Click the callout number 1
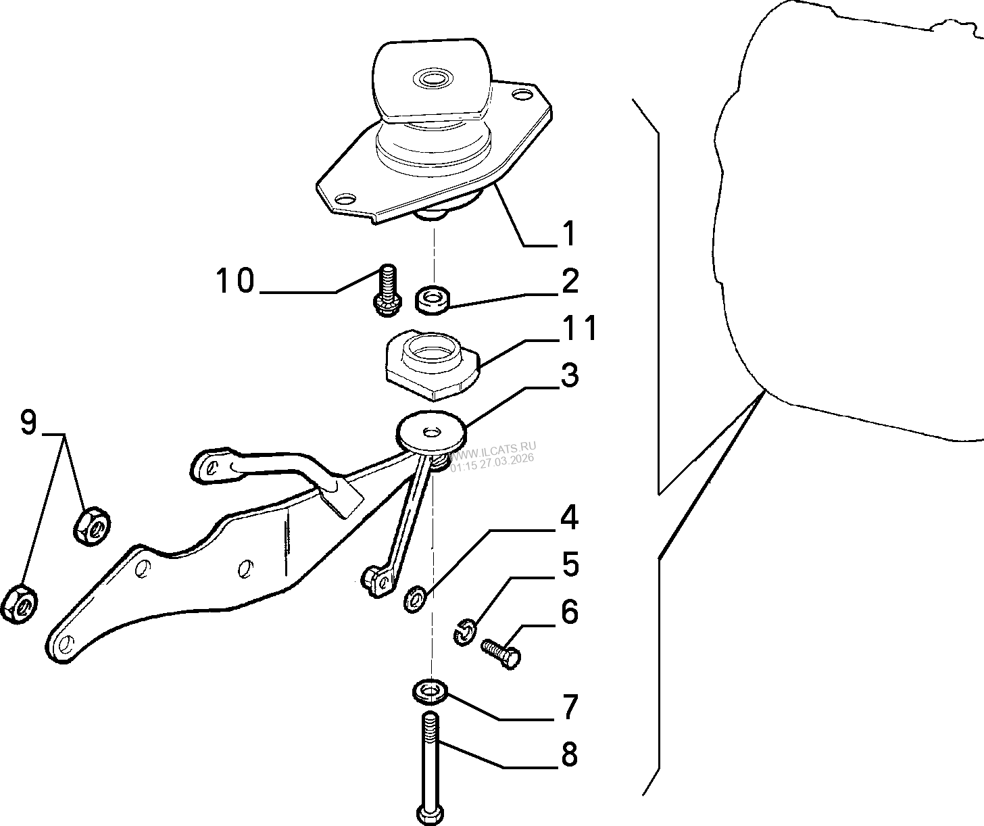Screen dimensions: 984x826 click(570, 233)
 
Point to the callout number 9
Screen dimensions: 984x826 click(29, 422)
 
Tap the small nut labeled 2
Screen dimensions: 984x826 click(433, 299)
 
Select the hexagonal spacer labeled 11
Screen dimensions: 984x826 click(433, 364)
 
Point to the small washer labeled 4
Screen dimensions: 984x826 click(415, 599)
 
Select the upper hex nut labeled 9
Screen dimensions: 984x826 click(93, 526)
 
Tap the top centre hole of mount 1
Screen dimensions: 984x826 click(432, 78)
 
